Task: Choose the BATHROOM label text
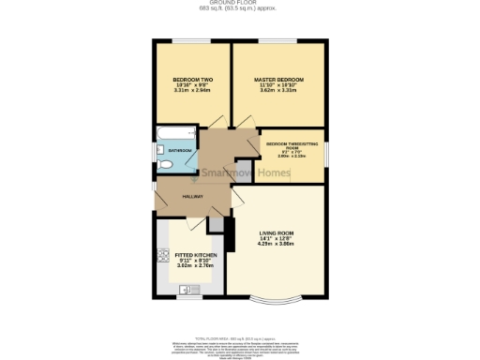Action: pos(181,151)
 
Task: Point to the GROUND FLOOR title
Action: pos(240,3)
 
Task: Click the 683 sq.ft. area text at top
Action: pos(240,8)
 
